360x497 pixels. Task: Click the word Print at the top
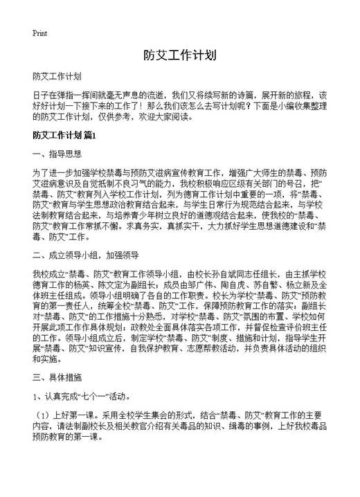click(x=41, y=33)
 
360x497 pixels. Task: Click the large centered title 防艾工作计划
click(x=180, y=55)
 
